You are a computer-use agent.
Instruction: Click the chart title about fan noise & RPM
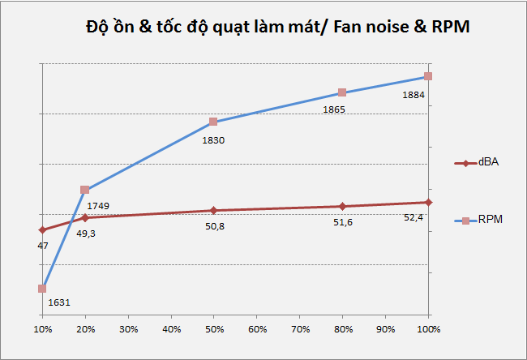click(277, 27)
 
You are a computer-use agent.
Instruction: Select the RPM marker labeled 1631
click(42, 288)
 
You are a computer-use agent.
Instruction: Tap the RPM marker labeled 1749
click(85, 190)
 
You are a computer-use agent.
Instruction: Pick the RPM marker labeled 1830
click(213, 122)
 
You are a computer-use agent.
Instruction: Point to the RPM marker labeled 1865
click(342, 92)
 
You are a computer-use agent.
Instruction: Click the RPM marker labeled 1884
click(428, 76)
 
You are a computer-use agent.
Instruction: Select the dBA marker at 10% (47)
click(42, 230)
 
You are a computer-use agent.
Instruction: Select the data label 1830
click(213, 139)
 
